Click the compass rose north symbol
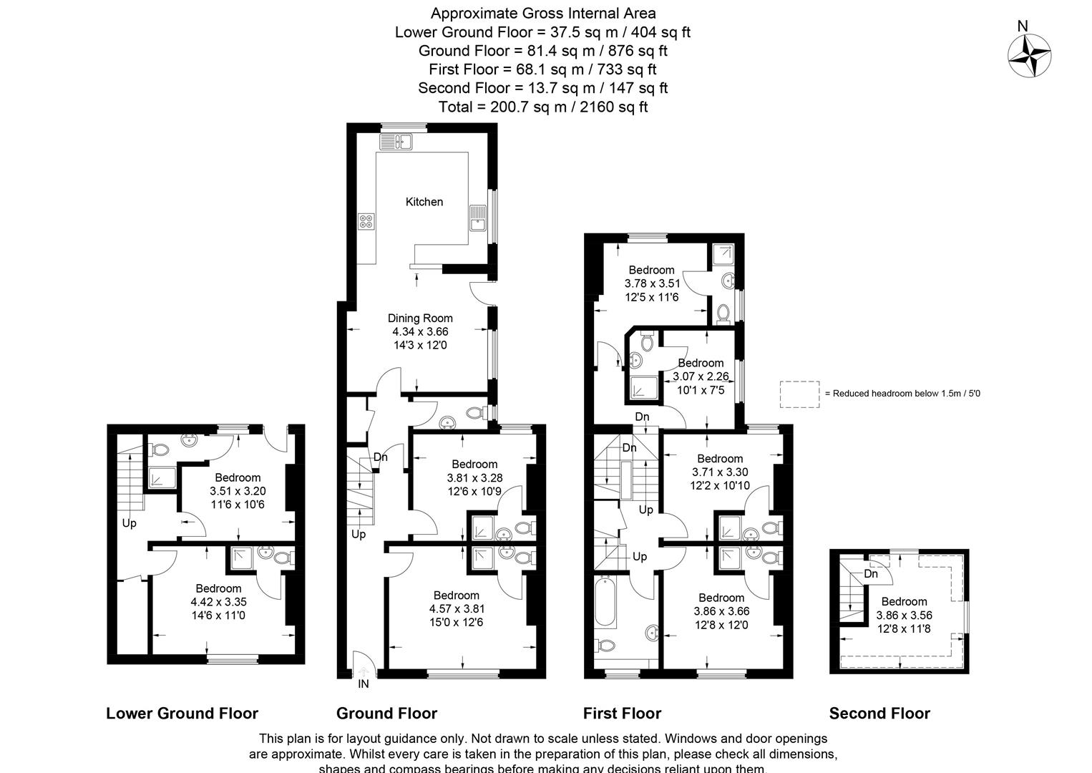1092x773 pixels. tap(1029, 55)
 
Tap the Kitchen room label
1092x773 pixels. tap(424, 202)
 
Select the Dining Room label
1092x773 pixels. tap(420, 319)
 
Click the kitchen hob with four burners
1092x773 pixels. tap(367, 223)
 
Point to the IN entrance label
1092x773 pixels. tap(364, 684)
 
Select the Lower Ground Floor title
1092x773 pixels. tap(182, 713)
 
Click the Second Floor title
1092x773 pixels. tap(879, 713)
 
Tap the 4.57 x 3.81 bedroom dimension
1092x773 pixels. tap(457, 609)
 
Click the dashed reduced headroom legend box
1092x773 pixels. tap(799, 394)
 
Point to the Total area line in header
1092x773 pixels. tap(542, 107)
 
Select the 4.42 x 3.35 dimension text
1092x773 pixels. tap(218, 602)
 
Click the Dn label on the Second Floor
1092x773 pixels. tap(871, 574)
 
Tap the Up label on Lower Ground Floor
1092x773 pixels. tap(129, 523)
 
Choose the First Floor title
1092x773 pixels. tap(622, 713)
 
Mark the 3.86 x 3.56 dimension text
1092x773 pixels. tap(904, 615)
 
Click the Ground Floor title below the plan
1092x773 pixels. tap(386, 713)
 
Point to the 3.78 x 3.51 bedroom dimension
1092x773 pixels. tap(652, 283)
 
